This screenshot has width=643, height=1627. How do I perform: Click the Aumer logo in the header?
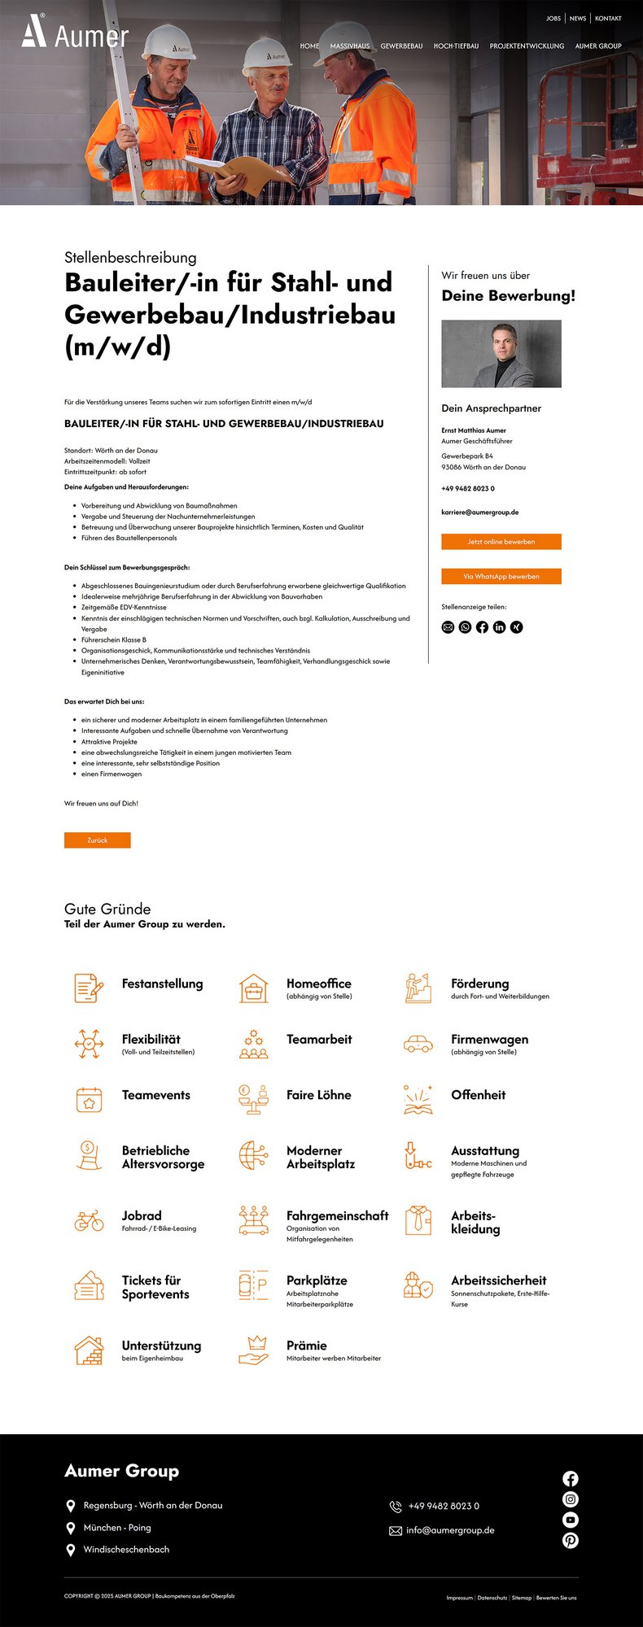coord(74,32)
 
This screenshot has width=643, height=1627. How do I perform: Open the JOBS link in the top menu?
coord(553,18)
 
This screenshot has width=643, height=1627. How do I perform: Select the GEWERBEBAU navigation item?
coord(401,46)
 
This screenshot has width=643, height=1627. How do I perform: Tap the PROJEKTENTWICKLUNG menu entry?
coord(527,46)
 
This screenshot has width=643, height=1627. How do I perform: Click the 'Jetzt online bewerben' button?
coord(501,542)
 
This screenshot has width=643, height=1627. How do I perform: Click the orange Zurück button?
coord(97,840)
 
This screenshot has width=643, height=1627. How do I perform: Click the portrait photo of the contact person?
coord(501,354)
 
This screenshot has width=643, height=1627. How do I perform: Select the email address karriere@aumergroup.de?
coord(479,513)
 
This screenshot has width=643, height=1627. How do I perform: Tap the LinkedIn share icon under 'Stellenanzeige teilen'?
coord(499,627)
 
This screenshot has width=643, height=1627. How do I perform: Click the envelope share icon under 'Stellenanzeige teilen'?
coord(448,627)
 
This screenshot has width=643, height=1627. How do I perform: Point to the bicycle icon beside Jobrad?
coord(89,1221)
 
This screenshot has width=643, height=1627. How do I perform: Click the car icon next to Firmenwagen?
coord(418,1044)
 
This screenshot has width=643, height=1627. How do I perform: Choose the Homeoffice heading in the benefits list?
coord(318,984)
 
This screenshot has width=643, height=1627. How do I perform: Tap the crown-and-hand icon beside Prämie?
coord(254,1350)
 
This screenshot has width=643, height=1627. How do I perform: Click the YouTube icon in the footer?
coord(571,1520)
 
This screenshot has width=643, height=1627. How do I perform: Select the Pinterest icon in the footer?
coord(571,1540)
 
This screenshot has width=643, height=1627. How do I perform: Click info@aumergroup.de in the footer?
coord(450,1530)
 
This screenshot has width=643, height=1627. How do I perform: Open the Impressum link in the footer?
coord(459,1598)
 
